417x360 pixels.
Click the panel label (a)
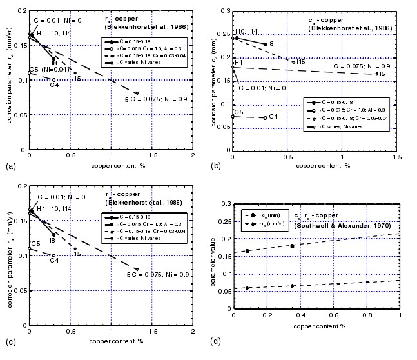pos(10,166)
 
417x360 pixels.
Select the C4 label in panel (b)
pos(273,117)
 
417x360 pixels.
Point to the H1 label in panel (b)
pos(238,62)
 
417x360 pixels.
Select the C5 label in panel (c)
pos(36,244)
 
